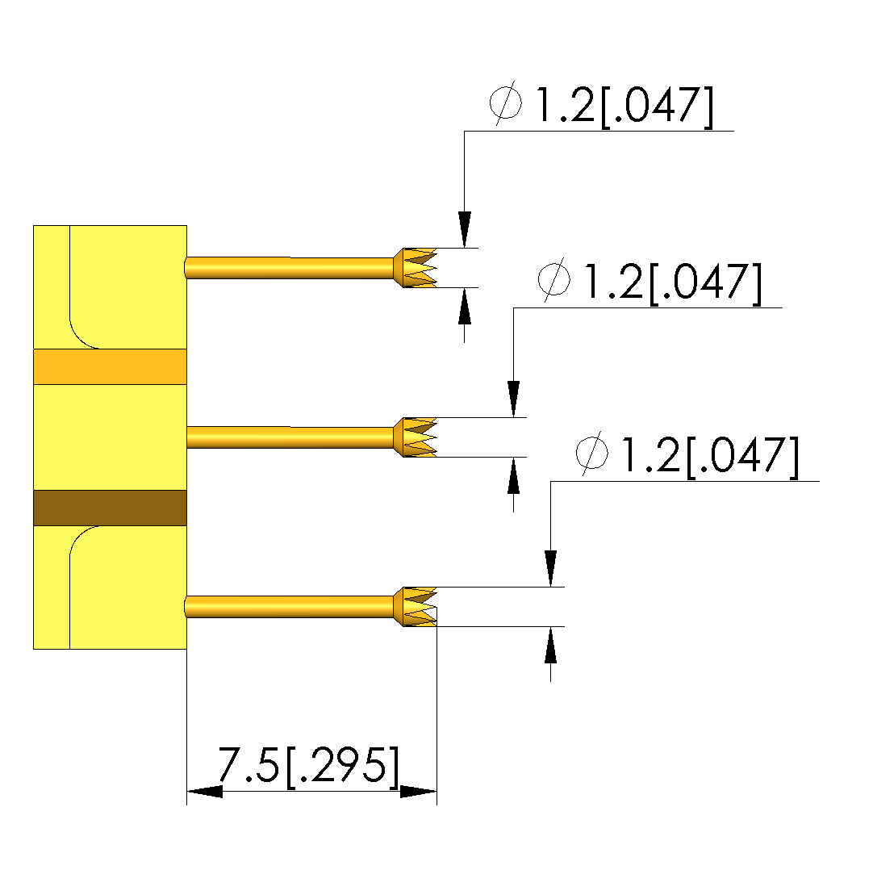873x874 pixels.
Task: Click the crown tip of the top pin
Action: point(417,267)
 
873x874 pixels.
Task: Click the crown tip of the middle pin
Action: point(417,437)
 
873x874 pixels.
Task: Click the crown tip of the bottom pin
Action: point(417,606)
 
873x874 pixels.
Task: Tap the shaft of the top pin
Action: point(290,268)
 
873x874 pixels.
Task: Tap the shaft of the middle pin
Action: point(290,437)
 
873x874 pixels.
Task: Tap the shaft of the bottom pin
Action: point(290,606)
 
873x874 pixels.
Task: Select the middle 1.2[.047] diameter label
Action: point(650,282)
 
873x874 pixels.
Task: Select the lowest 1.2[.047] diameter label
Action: point(687,456)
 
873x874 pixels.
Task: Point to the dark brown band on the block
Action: point(110,508)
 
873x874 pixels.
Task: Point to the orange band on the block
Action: point(110,366)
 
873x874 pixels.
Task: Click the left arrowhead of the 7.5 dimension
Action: point(204,792)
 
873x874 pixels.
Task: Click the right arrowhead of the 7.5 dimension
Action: point(419,792)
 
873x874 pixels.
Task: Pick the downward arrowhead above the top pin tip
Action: point(464,229)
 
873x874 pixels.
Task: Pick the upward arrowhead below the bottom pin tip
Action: point(550,645)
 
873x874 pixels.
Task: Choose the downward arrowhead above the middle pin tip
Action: point(513,399)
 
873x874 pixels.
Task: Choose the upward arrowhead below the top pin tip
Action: point(464,306)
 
